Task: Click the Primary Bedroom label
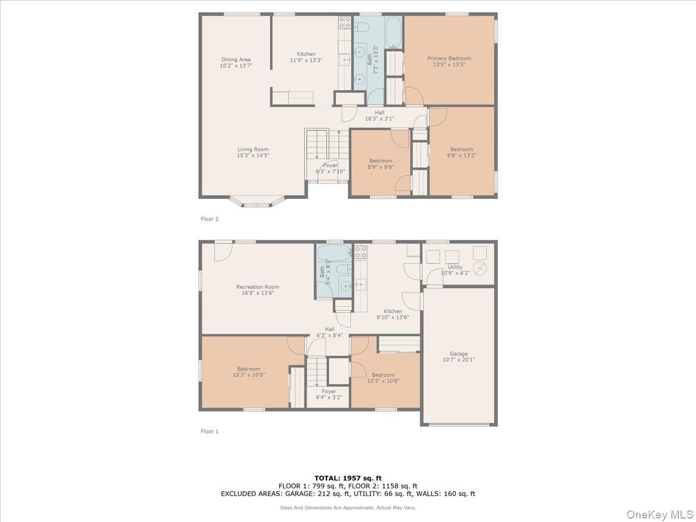(449, 58)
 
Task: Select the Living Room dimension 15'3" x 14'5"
(253, 155)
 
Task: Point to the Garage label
(459, 353)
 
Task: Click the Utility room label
(455, 267)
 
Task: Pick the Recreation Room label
(258, 287)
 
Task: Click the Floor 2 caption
(209, 219)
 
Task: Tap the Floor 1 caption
(209, 432)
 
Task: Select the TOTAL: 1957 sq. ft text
(348, 478)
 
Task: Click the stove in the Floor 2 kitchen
(345, 23)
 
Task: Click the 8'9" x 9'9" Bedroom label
(380, 161)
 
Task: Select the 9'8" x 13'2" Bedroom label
(462, 149)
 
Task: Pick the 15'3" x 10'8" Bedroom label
(248, 369)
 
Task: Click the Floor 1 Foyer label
(329, 391)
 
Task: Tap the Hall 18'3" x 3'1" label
(379, 113)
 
